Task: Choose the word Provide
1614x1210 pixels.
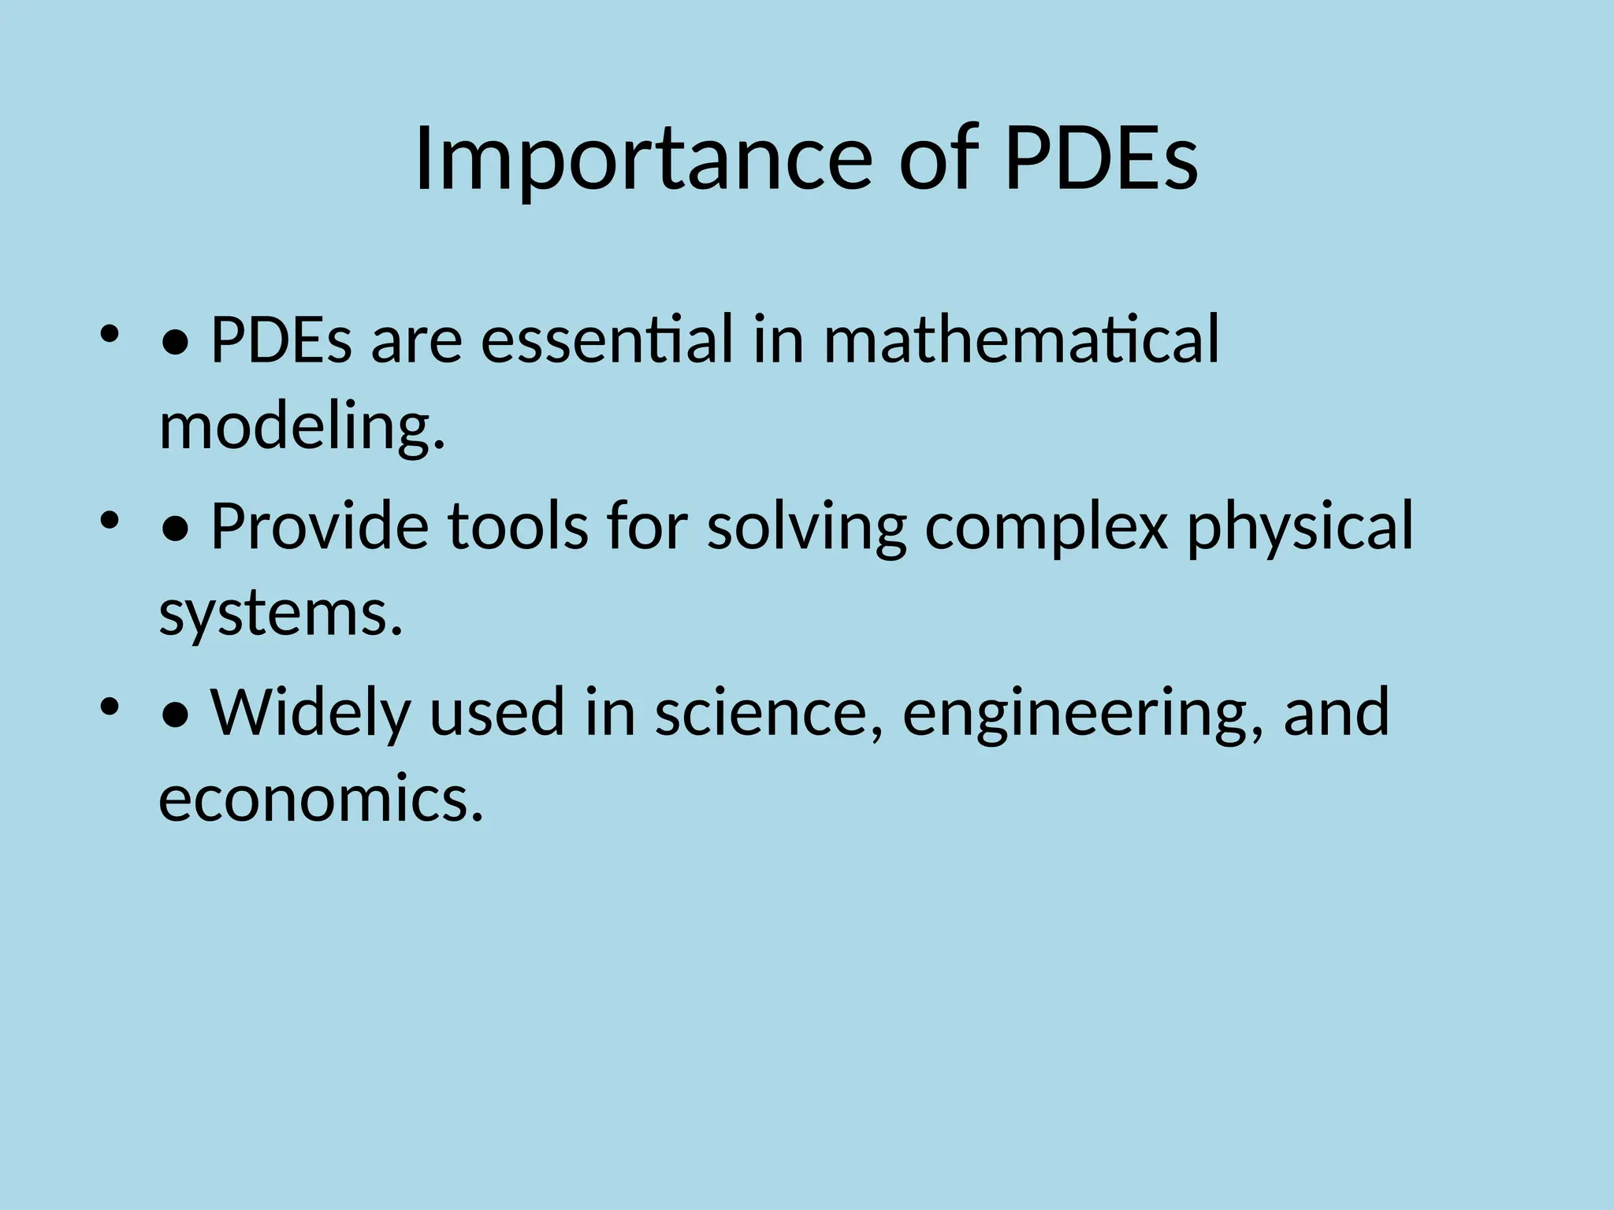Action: coord(320,525)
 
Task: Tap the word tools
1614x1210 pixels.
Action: coord(518,525)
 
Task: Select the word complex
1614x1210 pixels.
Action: coord(1046,525)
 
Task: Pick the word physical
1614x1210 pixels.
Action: coord(1300,525)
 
